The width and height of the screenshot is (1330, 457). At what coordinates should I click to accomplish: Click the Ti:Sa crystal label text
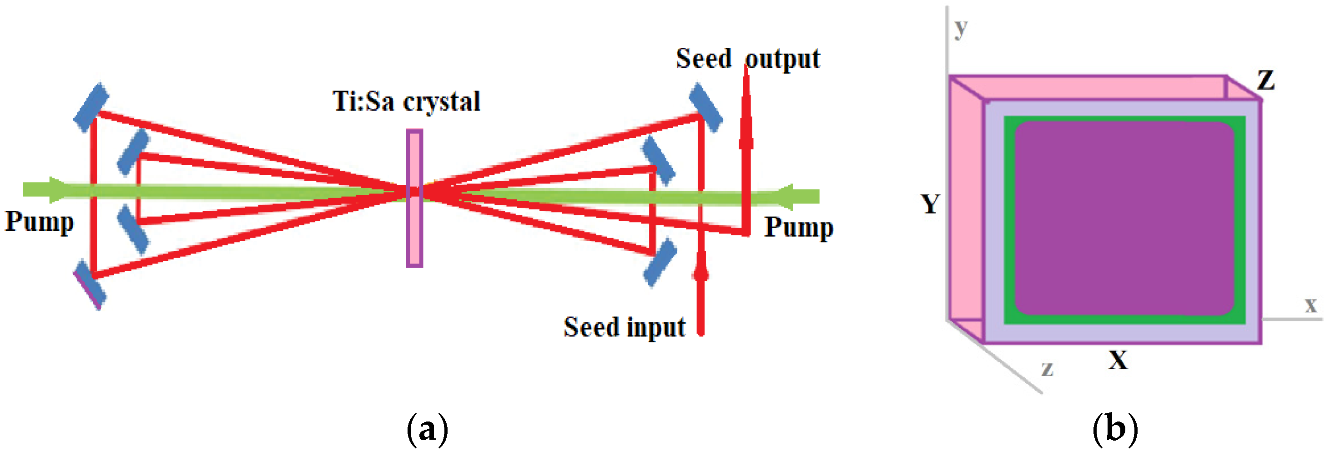(406, 101)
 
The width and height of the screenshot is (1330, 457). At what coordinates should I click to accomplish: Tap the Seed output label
(748, 59)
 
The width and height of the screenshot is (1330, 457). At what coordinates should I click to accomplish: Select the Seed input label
(624, 327)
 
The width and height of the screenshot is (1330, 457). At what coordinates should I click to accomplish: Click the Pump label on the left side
(39, 223)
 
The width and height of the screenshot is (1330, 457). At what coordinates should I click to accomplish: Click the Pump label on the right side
(798, 228)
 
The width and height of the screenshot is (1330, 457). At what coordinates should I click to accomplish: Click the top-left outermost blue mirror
(91, 107)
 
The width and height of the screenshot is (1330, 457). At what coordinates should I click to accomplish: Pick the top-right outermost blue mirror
(706, 107)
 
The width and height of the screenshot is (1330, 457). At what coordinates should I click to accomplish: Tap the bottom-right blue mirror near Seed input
(660, 262)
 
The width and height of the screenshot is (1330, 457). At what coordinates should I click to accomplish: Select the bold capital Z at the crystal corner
(1265, 81)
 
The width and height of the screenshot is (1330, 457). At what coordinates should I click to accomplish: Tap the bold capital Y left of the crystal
(930, 204)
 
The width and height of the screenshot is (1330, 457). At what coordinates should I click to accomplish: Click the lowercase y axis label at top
(961, 28)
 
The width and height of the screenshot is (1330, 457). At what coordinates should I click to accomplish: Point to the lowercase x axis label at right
(1310, 305)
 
